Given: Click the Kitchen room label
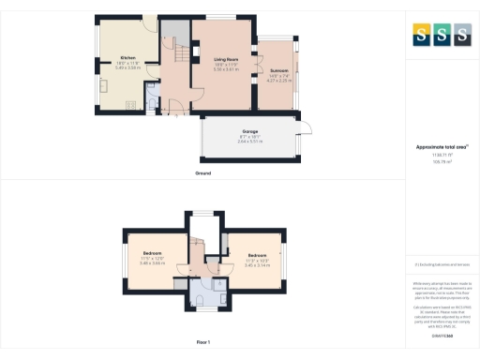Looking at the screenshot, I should [127, 58].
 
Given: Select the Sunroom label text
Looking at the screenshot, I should [278, 70].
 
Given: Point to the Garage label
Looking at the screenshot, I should [250, 131].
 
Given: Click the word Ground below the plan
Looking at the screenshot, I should [202, 173].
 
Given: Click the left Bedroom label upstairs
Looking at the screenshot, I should [152, 254].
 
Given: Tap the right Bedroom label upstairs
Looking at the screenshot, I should [256, 254].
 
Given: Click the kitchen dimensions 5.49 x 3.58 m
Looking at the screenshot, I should [127, 68].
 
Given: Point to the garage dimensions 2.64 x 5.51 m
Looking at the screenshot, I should [250, 142].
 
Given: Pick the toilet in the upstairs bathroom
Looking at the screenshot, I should [201, 300].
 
